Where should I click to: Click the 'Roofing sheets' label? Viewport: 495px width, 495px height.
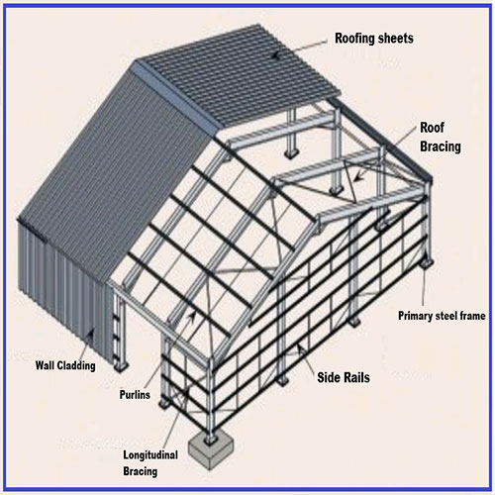click(x=374, y=39)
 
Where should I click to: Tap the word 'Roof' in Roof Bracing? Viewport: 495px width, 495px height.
click(x=432, y=128)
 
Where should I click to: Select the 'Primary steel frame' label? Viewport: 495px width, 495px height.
click(x=442, y=316)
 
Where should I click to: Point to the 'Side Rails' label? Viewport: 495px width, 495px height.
click(x=344, y=377)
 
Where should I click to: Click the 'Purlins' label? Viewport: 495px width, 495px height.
click(x=135, y=394)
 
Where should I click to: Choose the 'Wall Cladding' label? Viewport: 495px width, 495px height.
click(x=65, y=365)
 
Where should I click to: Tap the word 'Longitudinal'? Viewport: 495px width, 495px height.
click(x=150, y=455)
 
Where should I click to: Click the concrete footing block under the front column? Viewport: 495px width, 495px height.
click(x=211, y=452)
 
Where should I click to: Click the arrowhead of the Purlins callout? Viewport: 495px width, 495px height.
click(x=192, y=316)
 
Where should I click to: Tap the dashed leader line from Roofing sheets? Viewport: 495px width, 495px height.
click(x=300, y=49)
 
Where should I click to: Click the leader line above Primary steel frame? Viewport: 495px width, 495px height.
click(x=423, y=285)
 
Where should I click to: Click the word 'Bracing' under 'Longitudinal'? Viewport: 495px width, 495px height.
click(x=141, y=471)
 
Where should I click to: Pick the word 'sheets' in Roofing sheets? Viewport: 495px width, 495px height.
click(x=396, y=39)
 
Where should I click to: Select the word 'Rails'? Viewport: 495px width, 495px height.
click(x=356, y=377)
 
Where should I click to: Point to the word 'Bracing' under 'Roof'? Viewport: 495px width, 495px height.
click(x=441, y=147)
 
